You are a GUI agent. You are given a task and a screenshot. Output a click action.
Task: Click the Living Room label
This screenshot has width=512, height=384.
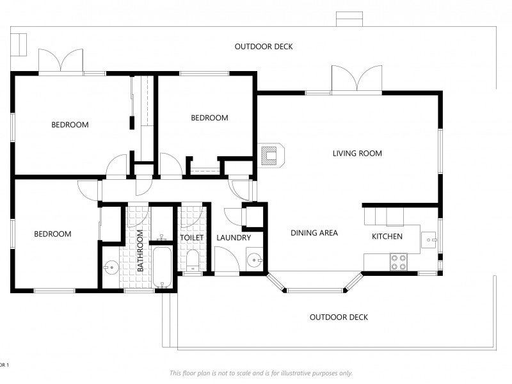coord(357,153)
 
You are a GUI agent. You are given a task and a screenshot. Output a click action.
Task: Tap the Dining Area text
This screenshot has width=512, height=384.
coord(314,233)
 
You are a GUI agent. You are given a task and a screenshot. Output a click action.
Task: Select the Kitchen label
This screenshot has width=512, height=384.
coord(387,236)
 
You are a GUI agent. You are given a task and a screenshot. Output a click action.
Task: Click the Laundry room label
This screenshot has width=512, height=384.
coord(234,237)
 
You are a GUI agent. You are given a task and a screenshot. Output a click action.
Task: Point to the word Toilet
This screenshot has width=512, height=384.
coord(192,237)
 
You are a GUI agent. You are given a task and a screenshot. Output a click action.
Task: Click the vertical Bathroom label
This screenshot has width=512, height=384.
coord(140,251)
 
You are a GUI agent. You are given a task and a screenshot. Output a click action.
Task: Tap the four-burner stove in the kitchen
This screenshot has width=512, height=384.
coord(399,262)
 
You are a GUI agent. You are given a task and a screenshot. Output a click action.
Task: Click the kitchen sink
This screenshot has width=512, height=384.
coord(429,240)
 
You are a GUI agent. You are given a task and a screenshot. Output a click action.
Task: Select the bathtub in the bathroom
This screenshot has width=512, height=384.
coord(163,268)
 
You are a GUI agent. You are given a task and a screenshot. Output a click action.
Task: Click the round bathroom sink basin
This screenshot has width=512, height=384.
coord(111,268)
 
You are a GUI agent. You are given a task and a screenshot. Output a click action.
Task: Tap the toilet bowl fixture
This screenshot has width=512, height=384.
coord(193,260)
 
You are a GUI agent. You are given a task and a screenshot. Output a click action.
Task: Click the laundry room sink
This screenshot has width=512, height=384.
coord(254,260)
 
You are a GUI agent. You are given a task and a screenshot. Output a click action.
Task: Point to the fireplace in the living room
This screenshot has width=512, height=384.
coord(271,156)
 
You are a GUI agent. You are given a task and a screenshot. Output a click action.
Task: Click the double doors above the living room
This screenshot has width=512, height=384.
coord(357,79)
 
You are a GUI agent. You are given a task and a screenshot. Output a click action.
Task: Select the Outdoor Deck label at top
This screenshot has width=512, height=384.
coord(264,47)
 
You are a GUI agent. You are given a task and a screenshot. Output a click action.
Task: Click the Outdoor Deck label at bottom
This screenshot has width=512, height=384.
coord(339,317)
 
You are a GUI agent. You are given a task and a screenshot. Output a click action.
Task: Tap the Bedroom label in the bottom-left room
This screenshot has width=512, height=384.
coord(52,234)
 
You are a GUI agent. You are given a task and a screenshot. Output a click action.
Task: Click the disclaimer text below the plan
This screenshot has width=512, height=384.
coord(261,373)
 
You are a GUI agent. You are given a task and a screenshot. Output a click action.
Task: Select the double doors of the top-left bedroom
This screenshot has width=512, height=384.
coord(61,61)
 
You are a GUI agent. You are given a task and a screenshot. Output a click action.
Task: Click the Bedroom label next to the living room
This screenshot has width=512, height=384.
coord(210,118)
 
